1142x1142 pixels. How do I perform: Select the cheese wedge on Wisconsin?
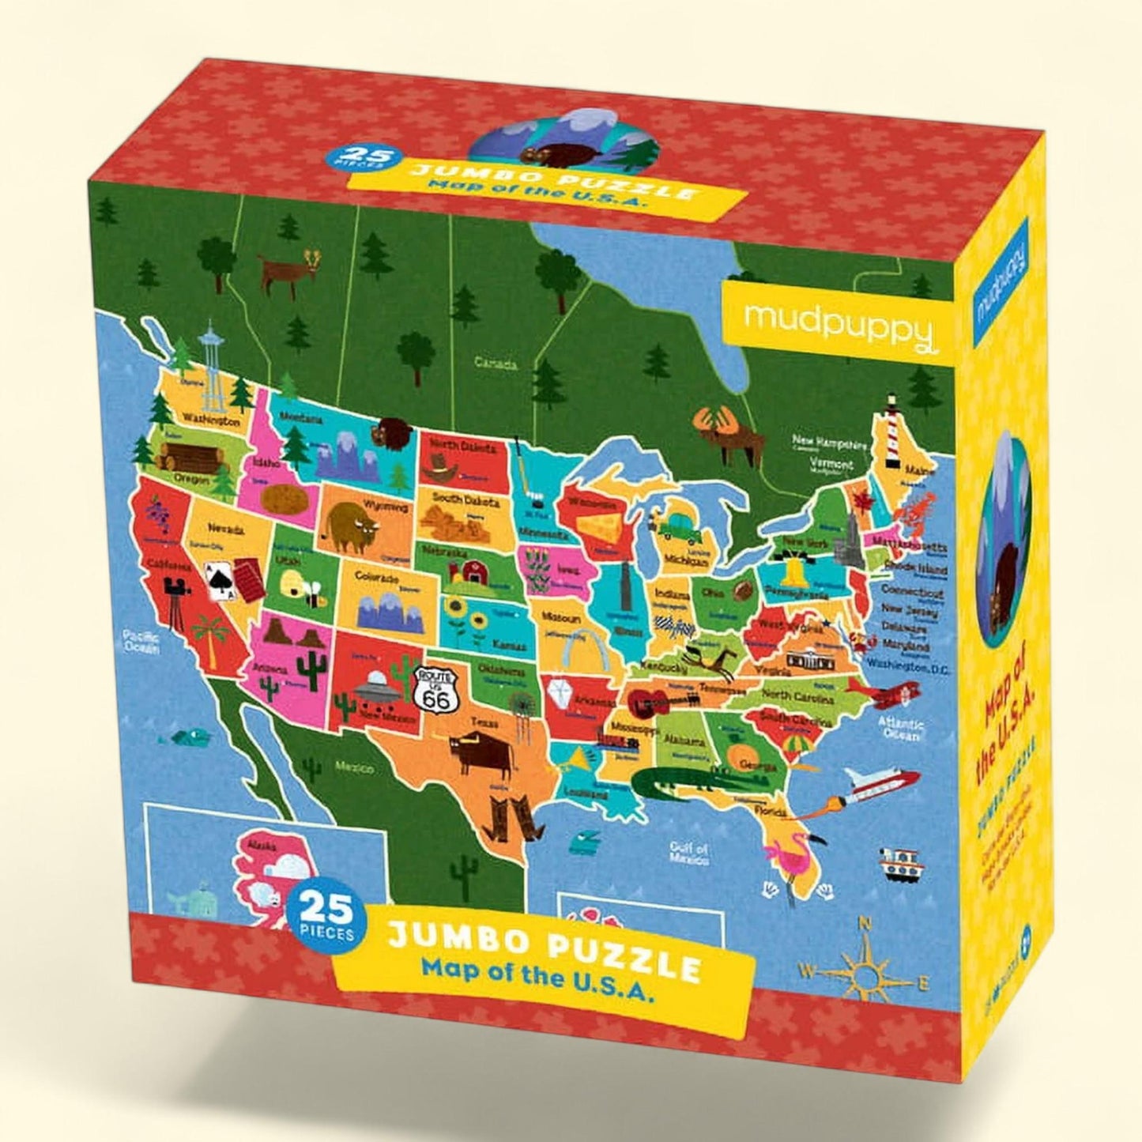(599, 526)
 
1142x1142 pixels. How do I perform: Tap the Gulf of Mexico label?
(688, 853)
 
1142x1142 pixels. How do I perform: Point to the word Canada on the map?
(496, 364)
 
